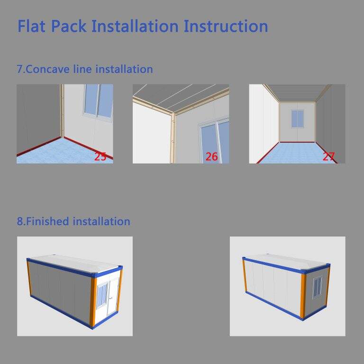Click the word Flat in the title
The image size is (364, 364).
coord(31,26)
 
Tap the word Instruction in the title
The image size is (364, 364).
coord(226,26)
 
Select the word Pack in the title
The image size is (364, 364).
coord(69,26)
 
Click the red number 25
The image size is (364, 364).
coord(100,156)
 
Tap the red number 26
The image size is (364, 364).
coord(211,157)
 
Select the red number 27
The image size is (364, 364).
coord(328,156)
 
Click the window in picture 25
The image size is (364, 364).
coord(99,102)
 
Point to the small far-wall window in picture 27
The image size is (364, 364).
coord(298,118)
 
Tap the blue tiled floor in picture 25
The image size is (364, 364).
coord(60,153)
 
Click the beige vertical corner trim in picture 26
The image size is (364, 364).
coord(173,138)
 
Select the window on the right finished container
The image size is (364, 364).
coord(318,287)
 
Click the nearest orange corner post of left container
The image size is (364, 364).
coord(93,302)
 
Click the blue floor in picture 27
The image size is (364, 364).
coord(297,153)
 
